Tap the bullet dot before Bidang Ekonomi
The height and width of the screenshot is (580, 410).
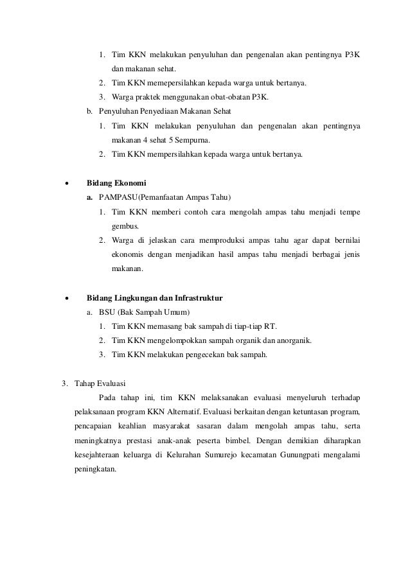pyautogui.click(x=66, y=183)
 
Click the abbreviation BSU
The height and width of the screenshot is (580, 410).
pyautogui.click(x=108, y=312)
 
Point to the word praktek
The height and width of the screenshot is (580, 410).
pyautogui.click(x=145, y=97)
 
